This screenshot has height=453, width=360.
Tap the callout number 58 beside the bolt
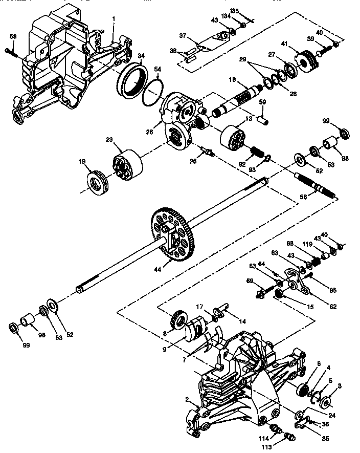[x=13, y=36]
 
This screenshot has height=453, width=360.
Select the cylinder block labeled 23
[x=126, y=164]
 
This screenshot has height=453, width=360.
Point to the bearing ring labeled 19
[x=97, y=182]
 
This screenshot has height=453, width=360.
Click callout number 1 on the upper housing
[x=114, y=19]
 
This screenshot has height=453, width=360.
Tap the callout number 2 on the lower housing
[x=187, y=399]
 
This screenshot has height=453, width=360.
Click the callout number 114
[x=263, y=438]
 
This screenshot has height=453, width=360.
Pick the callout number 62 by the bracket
[x=333, y=307]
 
